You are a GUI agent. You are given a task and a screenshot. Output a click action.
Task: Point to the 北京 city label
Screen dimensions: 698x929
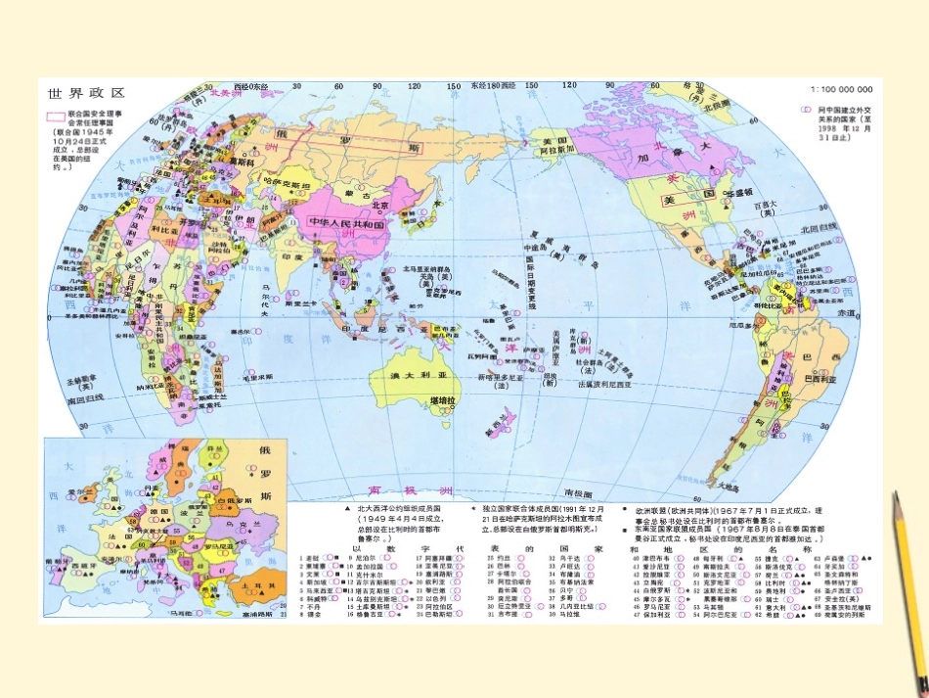[x=379, y=206]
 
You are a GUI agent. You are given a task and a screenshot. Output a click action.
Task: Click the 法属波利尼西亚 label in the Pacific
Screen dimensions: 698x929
[x=617, y=385]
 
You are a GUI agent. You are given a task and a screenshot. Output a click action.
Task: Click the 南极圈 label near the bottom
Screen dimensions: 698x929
[x=579, y=493]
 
